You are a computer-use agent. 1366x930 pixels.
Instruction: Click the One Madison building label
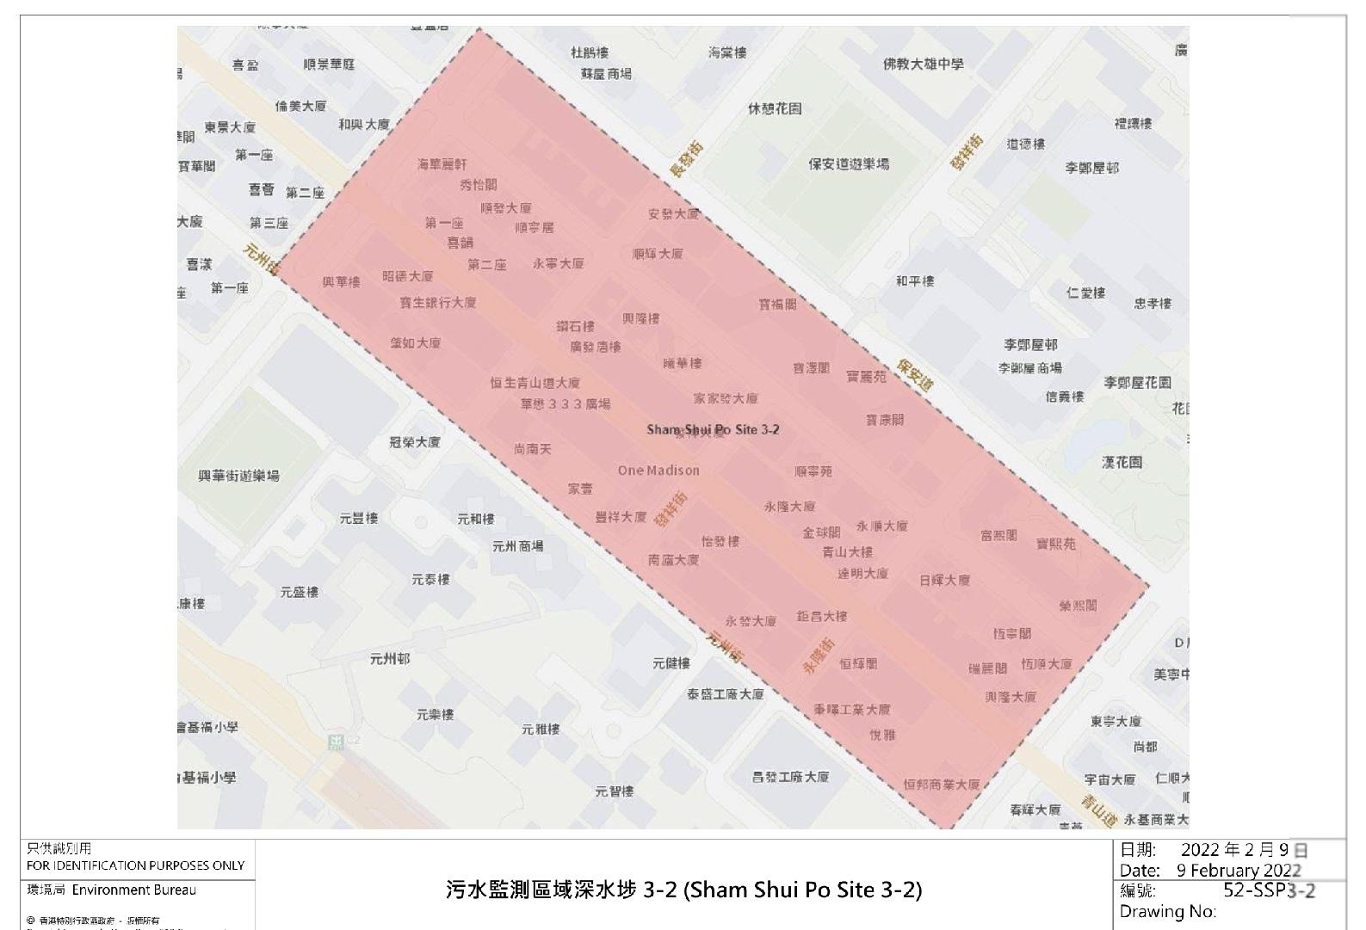[x=658, y=471]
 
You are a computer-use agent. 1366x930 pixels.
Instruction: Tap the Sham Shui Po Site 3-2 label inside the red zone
[x=713, y=429]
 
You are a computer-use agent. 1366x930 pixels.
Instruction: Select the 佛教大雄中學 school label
[x=924, y=64]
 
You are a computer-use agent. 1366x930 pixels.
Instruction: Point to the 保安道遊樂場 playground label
[x=848, y=163]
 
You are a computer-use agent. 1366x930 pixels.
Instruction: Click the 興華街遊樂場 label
[x=238, y=475]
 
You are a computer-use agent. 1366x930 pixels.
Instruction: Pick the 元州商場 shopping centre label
[x=517, y=545]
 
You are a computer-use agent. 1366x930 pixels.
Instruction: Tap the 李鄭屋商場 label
[x=1029, y=368]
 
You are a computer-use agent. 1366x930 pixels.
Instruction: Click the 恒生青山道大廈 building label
[x=535, y=383]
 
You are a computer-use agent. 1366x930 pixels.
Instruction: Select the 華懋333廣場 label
[x=565, y=403]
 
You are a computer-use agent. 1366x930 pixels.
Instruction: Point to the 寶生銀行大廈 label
[x=437, y=303]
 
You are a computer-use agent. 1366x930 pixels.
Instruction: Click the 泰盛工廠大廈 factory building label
[x=725, y=693]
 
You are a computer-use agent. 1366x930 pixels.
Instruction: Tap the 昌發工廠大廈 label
[x=790, y=777]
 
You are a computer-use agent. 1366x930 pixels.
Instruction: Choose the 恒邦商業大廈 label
[x=941, y=784]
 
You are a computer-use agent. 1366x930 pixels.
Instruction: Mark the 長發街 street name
[x=686, y=160]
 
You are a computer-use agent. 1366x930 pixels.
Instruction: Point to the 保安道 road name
[x=914, y=375]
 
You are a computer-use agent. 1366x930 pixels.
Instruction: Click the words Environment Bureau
[x=133, y=890]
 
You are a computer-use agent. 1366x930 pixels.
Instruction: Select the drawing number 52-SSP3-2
[x=1269, y=890]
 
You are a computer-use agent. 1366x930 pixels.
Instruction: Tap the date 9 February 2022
[x=1239, y=870]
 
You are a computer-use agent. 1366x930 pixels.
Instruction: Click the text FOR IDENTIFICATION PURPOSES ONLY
[x=135, y=865]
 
